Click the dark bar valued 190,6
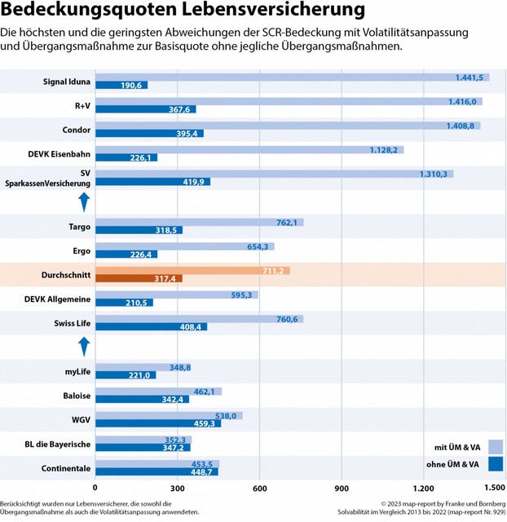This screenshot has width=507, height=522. [121, 86]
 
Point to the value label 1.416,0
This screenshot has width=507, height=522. [462, 102]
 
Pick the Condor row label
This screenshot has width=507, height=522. [77, 130]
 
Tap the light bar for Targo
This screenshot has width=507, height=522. [199, 222]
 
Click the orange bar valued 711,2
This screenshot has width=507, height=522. [192, 271]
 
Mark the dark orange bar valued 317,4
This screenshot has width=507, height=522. [139, 279]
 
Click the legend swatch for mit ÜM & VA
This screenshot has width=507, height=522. [495, 446]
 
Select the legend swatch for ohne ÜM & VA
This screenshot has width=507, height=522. [495, 464]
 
